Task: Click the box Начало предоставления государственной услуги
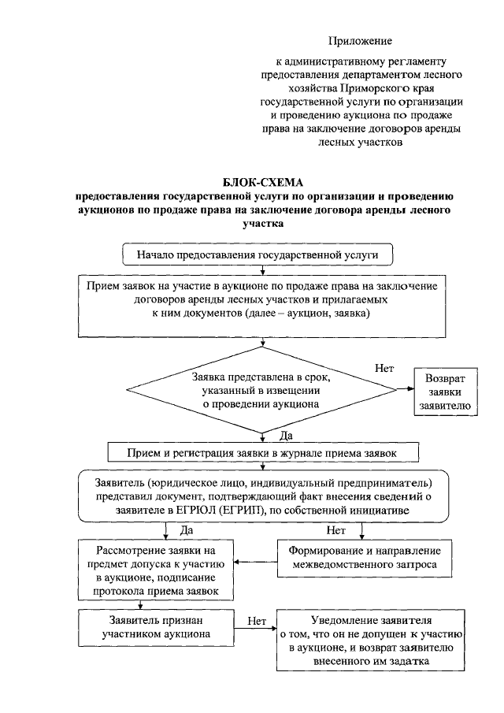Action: [x=263, y=255]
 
